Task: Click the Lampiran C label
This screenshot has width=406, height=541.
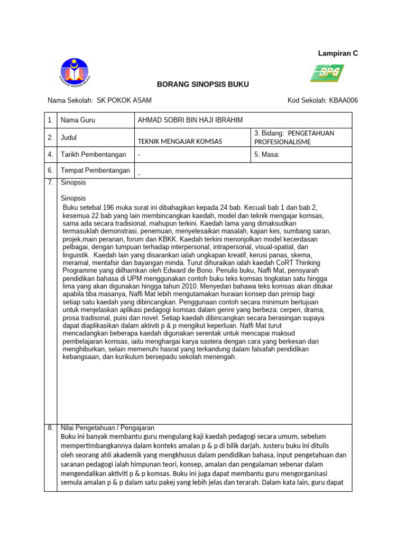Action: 337,53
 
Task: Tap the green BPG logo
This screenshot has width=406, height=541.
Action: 327,73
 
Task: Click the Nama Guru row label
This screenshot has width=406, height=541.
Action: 78,120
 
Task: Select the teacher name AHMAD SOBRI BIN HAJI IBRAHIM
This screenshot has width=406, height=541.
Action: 190,120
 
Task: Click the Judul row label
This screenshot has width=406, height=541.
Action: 69,137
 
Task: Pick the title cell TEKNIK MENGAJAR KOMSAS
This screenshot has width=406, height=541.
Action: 180,141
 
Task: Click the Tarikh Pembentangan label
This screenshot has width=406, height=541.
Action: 94,155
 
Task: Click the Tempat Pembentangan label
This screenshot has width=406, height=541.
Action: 96,170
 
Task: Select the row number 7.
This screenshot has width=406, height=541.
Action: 50,183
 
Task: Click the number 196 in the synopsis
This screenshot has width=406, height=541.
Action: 110,207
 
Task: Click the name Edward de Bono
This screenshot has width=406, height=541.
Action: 184,269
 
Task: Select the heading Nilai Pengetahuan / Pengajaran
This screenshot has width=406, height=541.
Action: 107,428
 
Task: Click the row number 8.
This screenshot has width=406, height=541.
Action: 50,428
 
